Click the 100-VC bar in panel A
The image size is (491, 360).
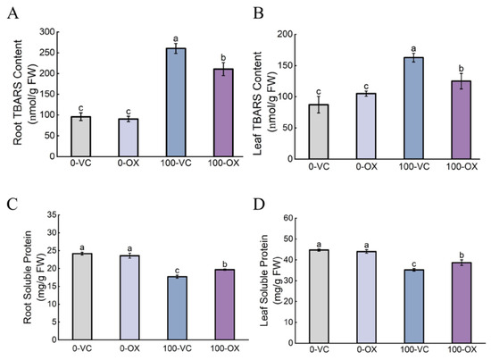[176, 102]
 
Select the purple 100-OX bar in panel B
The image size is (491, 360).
[462, 120]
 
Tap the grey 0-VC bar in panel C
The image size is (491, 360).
[82, 297]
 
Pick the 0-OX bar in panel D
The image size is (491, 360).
[366, 297]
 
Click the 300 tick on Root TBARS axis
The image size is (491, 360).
[47, 32]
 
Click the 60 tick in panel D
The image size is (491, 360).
[288, 218]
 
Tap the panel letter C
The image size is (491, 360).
[12, 205]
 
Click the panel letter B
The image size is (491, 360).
[258, 13]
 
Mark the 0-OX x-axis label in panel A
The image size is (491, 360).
[129, 163]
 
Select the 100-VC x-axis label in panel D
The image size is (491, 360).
[414, 349]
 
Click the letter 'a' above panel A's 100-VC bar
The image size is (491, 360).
[176, 38]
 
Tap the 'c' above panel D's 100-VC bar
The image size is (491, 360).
[413, 264]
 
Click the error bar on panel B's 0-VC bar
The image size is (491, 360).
[319, 105]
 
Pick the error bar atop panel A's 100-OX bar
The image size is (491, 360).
[223, 69]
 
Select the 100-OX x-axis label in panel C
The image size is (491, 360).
[225, 348]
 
